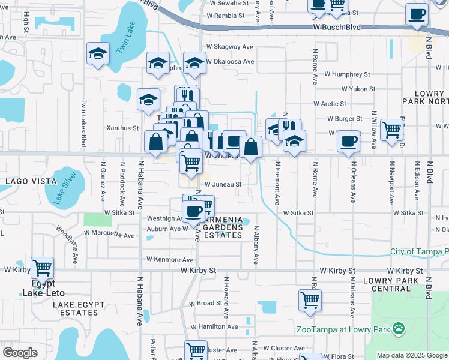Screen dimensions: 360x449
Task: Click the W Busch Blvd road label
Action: click(336, 27)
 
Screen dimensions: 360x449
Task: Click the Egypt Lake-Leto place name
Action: click(42, 288)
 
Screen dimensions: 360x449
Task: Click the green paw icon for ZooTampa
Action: click(397, 328)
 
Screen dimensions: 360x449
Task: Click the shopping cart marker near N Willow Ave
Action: click(391, 129)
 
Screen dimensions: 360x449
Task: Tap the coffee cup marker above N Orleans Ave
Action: click(348, 142)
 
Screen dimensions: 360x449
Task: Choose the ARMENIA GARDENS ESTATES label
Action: click(223, 227)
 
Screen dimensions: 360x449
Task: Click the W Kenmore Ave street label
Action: click(170, 260)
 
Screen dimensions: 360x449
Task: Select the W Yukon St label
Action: click(358, 89)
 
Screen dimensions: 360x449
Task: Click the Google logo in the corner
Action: click(20, 353)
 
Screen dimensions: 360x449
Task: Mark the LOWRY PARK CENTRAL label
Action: click(400, 284)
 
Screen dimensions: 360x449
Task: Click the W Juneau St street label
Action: click(223, 185)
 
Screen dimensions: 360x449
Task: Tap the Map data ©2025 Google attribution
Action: click(412, 355)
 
